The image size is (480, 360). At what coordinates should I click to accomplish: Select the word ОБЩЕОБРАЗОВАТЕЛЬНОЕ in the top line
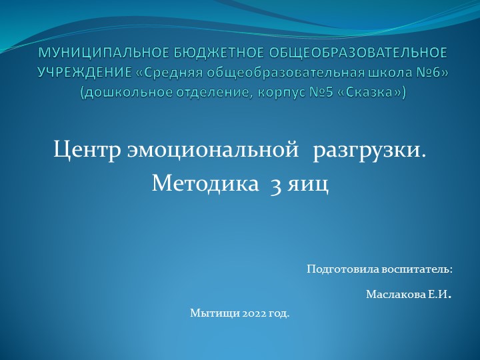[x=339, y=51]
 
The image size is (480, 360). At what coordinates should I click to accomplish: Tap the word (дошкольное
[x=127, y=93]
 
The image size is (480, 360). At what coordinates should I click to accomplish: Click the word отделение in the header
[x=213, y=93]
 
